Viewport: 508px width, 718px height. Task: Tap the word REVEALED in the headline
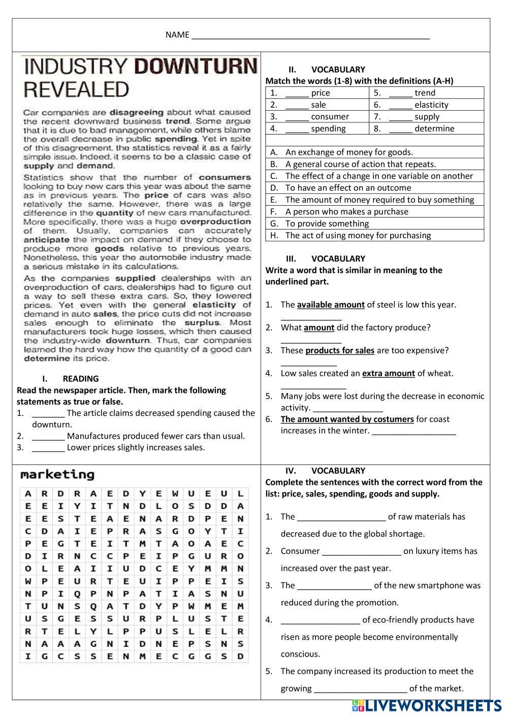[76, 89]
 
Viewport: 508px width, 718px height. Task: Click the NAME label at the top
[177, 35]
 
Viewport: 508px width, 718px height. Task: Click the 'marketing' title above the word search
[57, 475]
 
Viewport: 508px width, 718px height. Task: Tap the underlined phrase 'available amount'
[331, 305]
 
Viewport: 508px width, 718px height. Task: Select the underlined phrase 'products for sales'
[339, 350]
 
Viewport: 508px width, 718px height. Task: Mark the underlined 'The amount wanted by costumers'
[347, 419]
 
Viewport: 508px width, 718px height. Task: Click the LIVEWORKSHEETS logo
[426, 705]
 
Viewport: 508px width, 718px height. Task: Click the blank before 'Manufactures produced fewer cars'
[48, 436]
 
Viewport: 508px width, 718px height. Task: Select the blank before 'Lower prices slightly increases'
[48, 448]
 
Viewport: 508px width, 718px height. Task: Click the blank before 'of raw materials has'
[341, 517]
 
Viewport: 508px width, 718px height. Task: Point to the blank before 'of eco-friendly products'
[320, 620]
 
